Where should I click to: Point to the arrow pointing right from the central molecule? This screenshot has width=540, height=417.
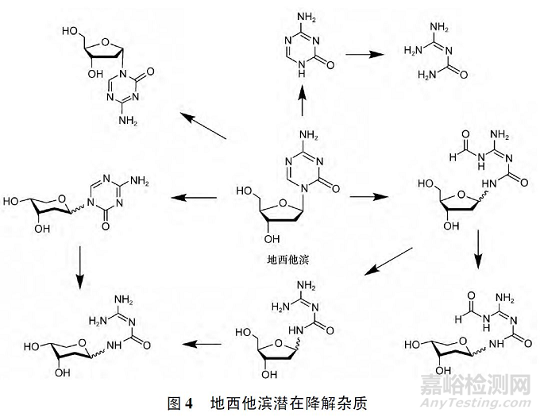click(x=366, y=194)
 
